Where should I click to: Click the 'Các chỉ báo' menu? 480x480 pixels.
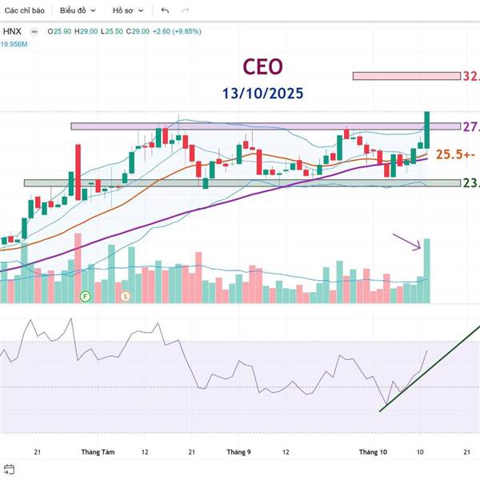tap(26, 11)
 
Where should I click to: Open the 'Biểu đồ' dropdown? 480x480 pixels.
tap(78, 11)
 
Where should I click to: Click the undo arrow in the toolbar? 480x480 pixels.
tap(165, 11)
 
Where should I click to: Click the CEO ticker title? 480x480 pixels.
tap(263, 67)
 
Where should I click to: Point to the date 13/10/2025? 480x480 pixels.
tap(263, 93)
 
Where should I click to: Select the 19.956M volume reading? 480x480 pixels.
tap(14, 45)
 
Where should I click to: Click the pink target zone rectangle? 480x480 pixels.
tap(406, 76)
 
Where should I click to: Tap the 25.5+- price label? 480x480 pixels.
tap(453, 154)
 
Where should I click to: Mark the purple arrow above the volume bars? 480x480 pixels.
tap(407, 241)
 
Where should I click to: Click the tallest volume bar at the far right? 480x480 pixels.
tap(427, 270)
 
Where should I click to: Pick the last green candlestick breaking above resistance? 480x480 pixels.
tap(427, 130)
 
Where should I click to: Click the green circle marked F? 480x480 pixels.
tap(84, 296)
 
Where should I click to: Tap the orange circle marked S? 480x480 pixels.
tap(125, 296)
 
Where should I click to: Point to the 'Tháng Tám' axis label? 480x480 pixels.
tap(98, 452)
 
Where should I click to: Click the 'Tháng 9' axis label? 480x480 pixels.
tap(238, 452)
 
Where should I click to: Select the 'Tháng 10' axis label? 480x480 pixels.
tap(372, 452)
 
